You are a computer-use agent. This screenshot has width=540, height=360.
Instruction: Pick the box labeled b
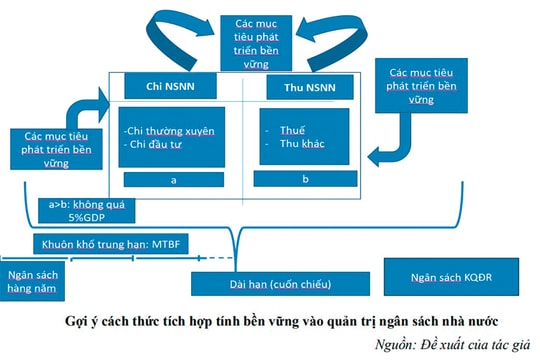pos(305,178)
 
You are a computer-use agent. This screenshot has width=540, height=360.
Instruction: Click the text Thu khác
pos(301,146)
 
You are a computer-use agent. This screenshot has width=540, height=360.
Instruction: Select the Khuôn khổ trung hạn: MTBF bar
pos(109,242)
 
